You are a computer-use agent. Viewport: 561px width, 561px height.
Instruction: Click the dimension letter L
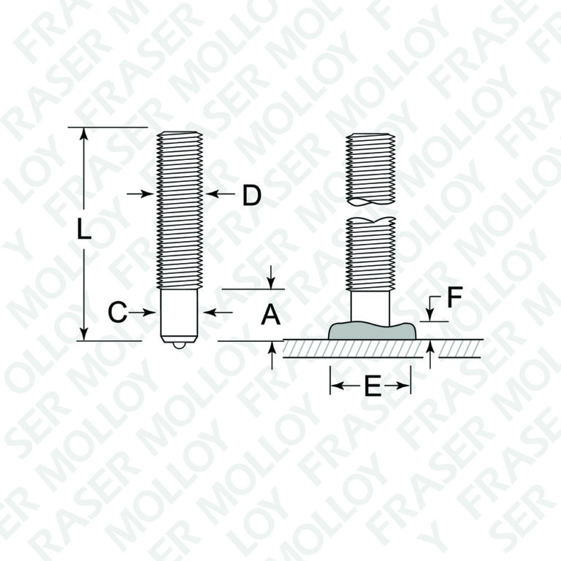point(84,229)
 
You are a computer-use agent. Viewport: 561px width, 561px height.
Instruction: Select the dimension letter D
point(252,195)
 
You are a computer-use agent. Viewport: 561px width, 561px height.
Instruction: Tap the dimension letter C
point(118,313)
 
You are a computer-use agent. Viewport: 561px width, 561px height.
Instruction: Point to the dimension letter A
point(270,316)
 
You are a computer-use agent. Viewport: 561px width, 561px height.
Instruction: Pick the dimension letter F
point(455,297)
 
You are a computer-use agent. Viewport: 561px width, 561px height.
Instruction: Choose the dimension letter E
point(373,386)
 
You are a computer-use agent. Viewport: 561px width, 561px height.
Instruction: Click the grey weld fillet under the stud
point(372,330)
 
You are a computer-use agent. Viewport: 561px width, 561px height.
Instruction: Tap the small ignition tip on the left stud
point(178,345)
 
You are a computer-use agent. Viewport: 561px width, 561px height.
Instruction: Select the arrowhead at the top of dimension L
point(84,133)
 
